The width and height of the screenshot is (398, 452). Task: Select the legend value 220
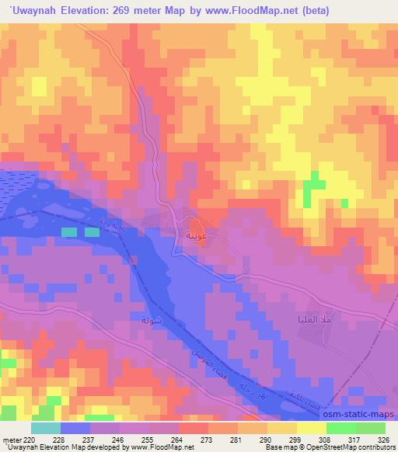pos(30,438)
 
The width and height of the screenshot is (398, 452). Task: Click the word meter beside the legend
pos(11,438)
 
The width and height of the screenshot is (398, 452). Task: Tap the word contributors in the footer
pos(377,447)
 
